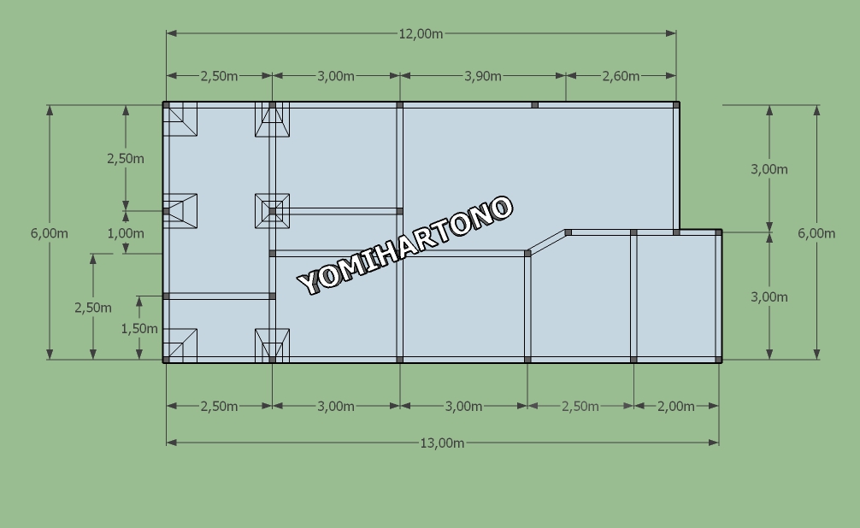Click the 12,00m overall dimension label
[x=421, y=34]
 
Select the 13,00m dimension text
[x=442, y=443]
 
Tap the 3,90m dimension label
[x=483, y=76]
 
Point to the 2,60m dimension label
[x=621, y=76]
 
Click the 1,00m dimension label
[x=126, y=233]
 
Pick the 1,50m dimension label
[x=139, y=329]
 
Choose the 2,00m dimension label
[x=675, y=407]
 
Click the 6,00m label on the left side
[x=50, y=233]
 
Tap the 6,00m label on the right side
[x=816, y=233]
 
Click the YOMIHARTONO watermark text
[x=405, y=245]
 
